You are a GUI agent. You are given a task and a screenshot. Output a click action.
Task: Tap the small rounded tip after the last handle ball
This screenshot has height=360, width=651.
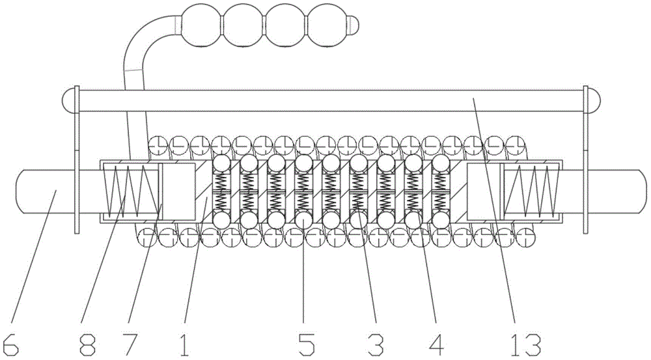click(x=352, y=25)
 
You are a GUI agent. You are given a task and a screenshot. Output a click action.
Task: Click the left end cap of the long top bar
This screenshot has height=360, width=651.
click(x=68, y=100)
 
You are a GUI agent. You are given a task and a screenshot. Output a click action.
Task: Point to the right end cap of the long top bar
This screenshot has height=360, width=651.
click(x=593, y=100)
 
